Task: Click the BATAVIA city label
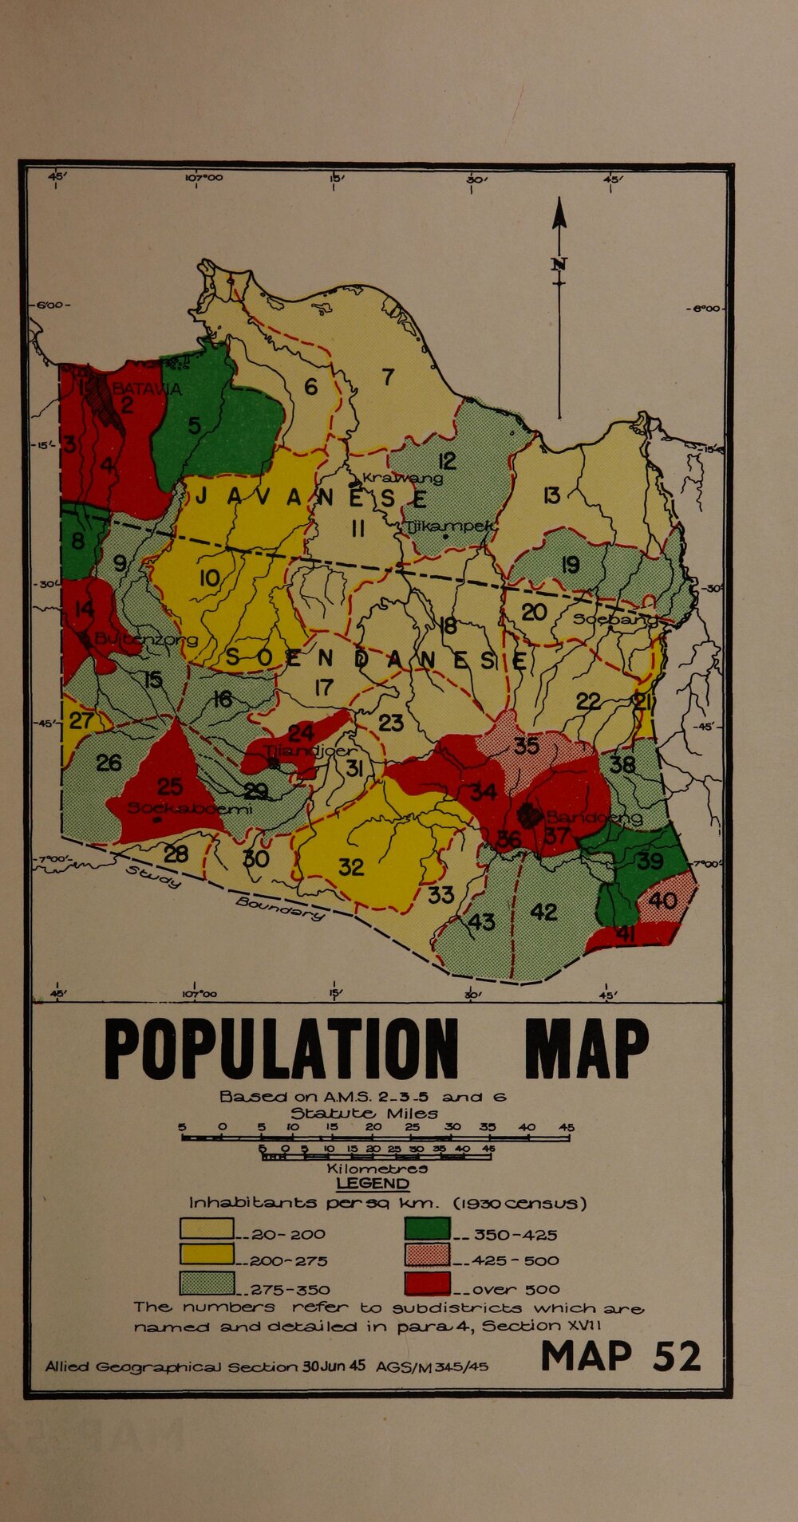[147, 389]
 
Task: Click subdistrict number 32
[351, 867]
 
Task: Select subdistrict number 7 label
[388, 377]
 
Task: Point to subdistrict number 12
[447, 461]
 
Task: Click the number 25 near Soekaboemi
[170, 787]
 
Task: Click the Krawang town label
[402, 478]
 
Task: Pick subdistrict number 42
[543, 912]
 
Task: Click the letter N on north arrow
[559, 265]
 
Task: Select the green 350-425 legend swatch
[428, 1229]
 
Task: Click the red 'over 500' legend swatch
[428, 1283]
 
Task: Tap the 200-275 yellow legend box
[207, 1255]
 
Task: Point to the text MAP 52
[621, 1356]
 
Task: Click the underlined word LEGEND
[373, 1184]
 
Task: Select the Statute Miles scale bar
[375, 1139]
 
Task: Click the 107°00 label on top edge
[203, 179]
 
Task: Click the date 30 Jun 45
[334, 1365]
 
